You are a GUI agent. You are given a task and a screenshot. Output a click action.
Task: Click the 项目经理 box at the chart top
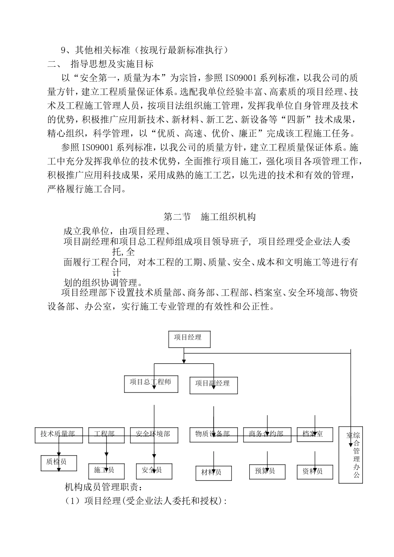189,339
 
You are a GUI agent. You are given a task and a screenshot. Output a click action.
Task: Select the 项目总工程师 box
151,384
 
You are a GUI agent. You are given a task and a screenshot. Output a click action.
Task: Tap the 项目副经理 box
214,385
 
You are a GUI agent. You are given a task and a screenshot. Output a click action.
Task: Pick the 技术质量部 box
58,435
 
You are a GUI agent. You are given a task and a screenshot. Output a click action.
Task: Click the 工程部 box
105,435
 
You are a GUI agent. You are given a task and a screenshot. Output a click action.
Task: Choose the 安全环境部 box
153,435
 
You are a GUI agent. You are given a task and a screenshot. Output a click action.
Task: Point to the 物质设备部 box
214,435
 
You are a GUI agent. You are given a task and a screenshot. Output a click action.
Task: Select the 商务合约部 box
267,435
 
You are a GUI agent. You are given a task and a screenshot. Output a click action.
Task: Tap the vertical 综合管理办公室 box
350,454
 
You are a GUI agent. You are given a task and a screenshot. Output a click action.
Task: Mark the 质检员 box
58,463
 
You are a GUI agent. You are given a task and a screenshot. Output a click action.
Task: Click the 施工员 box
107,471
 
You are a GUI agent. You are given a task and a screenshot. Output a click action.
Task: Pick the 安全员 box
154,471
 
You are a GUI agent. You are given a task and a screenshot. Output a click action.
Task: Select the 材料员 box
214,473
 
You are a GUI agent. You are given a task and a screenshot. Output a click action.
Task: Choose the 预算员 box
267,472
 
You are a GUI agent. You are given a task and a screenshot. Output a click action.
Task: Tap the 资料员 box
315,472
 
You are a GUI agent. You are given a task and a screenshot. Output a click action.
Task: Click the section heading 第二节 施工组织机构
209,217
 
